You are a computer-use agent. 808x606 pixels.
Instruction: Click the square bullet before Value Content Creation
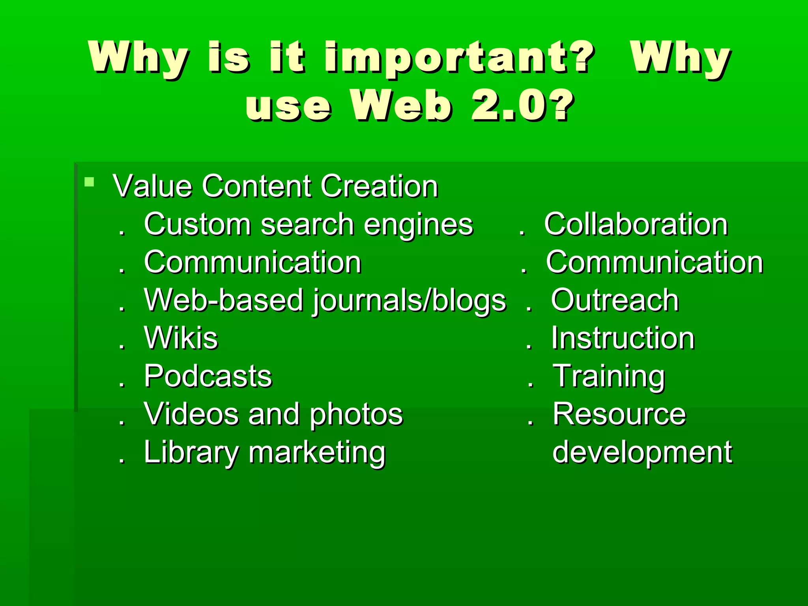90,182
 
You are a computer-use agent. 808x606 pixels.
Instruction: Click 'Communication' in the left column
252,262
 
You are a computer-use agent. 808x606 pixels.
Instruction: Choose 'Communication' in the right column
655,262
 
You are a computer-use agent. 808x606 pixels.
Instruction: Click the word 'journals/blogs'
410,301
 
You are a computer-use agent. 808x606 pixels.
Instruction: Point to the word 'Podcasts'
208,376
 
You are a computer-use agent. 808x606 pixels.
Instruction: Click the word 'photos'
356,415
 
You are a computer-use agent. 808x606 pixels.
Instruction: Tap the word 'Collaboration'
636,224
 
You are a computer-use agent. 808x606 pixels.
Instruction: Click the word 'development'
642,453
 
